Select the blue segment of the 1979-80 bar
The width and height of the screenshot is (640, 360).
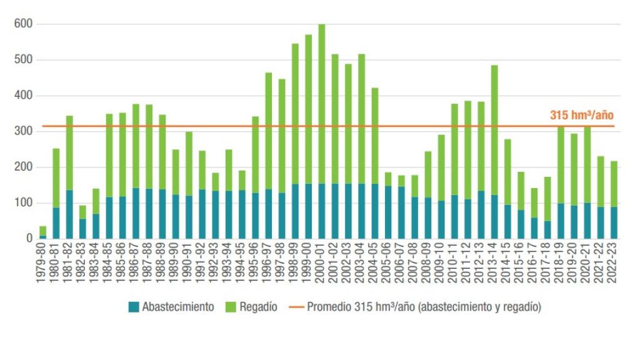coord(42,237)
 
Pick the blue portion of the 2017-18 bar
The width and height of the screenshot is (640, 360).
coord(547,229)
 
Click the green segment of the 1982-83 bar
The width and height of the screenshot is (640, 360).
coord(82,212)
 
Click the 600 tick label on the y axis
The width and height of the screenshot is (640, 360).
coord(24,24)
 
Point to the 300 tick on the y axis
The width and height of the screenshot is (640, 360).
coord(24,131)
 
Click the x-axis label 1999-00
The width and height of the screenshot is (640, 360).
coord(308,262)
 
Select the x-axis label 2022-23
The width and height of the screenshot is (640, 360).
coord(614,262)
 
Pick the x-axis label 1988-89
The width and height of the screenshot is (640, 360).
coord(162,262)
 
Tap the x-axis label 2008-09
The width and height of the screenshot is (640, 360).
coord(428,262)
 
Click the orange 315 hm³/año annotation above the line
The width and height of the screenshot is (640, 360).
coord(582,115)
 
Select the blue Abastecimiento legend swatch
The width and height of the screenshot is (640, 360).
coord(134,307)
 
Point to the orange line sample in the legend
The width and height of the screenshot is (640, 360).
coord(296,307)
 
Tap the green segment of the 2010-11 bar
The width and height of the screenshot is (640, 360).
coord(454,149)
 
